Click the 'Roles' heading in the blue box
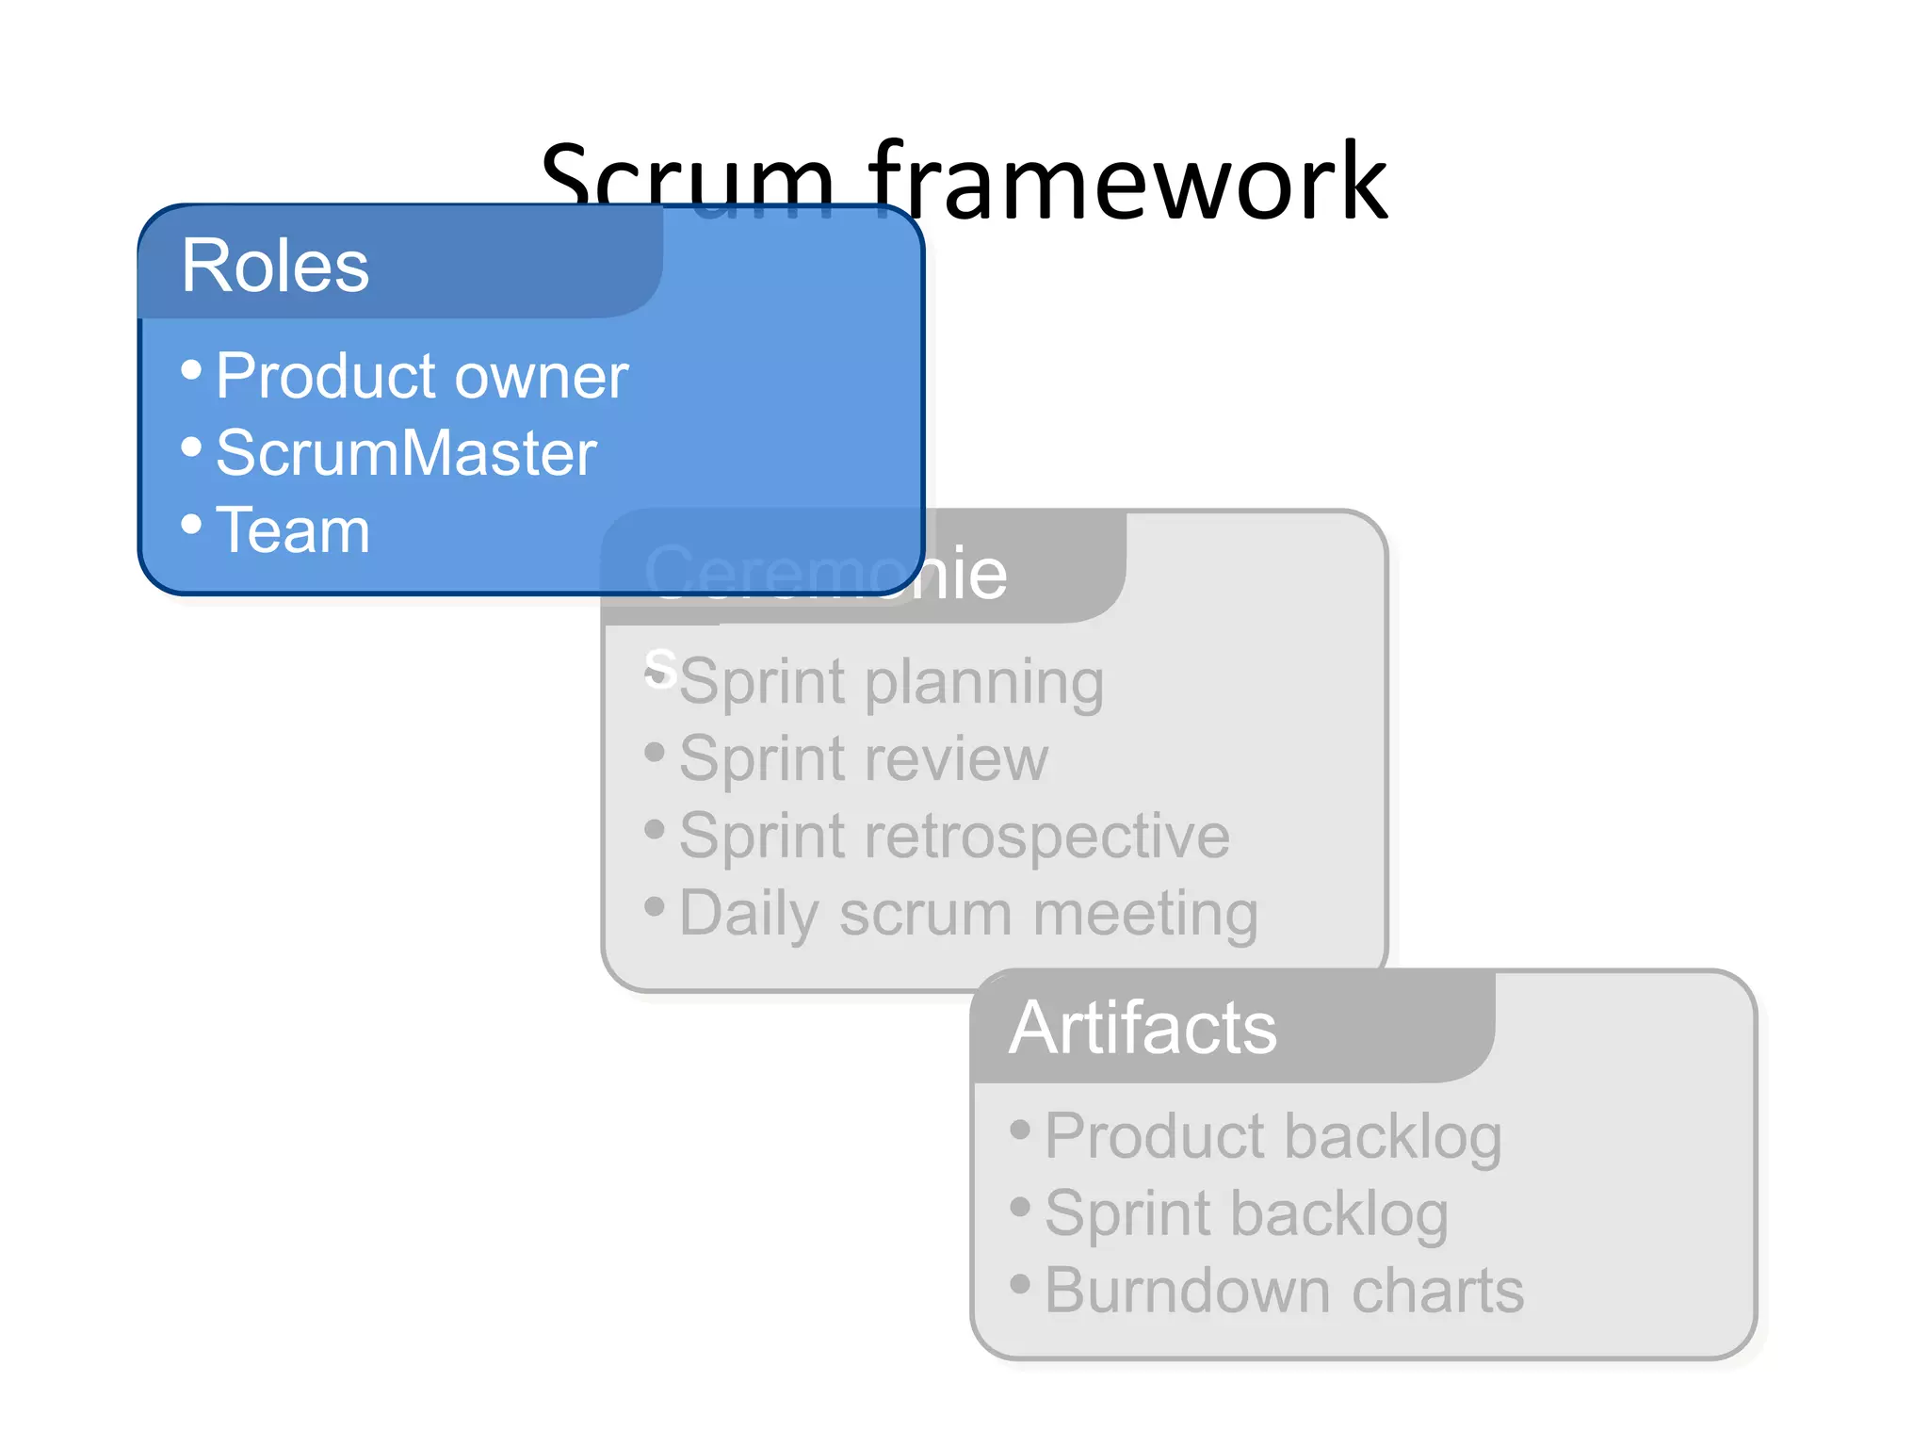pyautogui.click(x=274, y=267)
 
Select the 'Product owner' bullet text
pyautogui.click(x=421, y=376)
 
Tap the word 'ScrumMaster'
pyautogui.click(x=406, y=453)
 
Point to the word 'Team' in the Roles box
pyautogui.click(x=292, y=530)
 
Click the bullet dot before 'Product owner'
pyautogui.click(x=191, y=369)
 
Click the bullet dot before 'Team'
pyautogui.click(x=191, y=524)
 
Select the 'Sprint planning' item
pyautogui.click(x=890, y=682)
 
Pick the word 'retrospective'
pyautogui.click(x=1046, y=837)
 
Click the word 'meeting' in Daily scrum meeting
pyautogui.click(x=1145, y=914)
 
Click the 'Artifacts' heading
pyautogui.click(x=1142, y=1028)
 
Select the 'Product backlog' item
pyautogui.click(x=1272, y=1136)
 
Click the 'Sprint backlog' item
pyautogui.click(x=1246, y=1213)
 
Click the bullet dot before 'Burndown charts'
pyautogui.click(x=1020, y=1283)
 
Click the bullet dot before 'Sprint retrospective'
pyautogui.click(x=655, y=829)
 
